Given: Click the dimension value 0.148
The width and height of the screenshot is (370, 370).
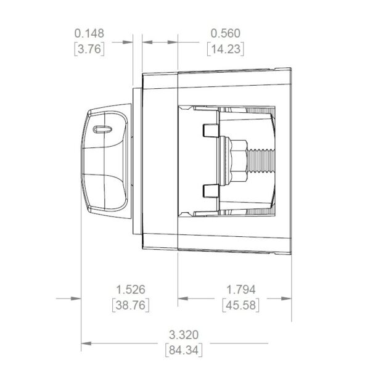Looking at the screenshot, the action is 89,33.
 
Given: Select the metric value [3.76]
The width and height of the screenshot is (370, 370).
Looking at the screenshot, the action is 89,49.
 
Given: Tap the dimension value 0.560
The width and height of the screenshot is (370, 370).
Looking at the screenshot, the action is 225,33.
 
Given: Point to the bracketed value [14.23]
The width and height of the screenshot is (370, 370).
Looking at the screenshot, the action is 225,49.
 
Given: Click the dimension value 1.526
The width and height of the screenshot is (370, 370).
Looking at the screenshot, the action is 131,290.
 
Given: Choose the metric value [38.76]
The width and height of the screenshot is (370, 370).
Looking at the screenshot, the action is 131,305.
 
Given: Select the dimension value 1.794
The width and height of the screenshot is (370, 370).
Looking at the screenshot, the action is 240,290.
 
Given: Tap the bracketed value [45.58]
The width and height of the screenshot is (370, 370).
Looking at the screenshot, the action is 240,305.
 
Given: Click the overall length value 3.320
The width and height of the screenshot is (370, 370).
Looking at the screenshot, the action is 184,335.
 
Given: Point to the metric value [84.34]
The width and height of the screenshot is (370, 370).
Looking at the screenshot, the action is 184,350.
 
